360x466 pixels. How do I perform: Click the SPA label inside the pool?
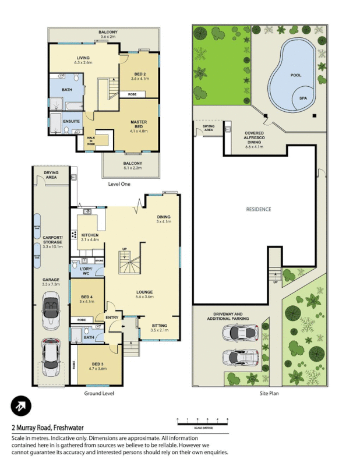click(x=303, y=98)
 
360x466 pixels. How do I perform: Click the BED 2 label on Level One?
click(x=139, y=72)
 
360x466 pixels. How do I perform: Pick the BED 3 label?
click(x=96, y=366)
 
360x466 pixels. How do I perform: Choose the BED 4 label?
click(x=86, y=299)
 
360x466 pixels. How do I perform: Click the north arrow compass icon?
click(x=21, y=407)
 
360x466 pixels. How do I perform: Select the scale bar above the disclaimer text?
click(x=202, y=421)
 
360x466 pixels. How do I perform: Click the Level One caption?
click(x=119, y=184)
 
